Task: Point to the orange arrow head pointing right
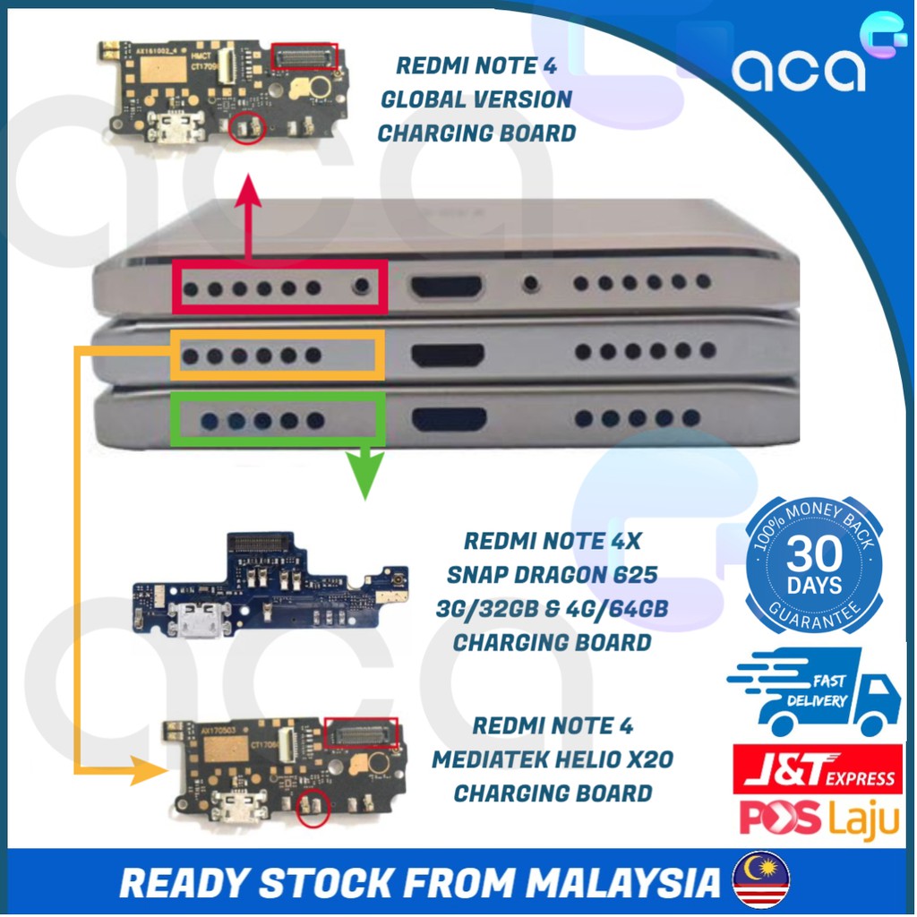pyautogui.click(x=143, y=769)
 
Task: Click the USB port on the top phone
pyautogui.click(x=447, y=287)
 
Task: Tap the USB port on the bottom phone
pyautogui.click(x=450, y=418)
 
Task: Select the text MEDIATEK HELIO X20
pyautogui.click(x=553, y=759)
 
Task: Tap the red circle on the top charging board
pyautogui.click(x=244, y=131)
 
